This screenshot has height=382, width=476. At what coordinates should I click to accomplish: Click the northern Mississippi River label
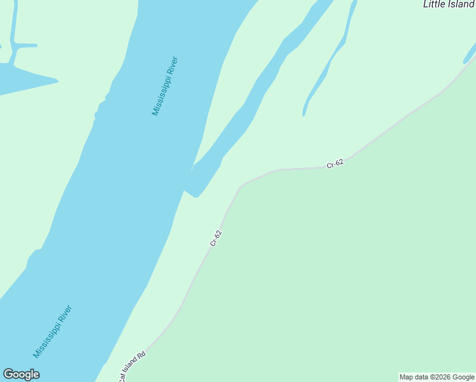pos(165,87)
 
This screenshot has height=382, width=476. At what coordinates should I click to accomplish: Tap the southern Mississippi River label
pos(53,331)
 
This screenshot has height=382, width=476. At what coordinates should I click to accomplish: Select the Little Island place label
pos(449,4)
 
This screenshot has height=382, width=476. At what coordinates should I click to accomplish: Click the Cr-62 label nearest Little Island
pos(335,164)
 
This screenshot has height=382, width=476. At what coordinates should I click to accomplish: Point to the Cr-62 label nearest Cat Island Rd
pos(216,237)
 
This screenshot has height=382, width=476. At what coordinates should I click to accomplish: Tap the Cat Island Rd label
pos(132,367)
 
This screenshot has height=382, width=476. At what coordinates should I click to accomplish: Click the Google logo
pos(21,374)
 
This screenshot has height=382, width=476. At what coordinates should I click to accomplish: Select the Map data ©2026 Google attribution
pos(437,377)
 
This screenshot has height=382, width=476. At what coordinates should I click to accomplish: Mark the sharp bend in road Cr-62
pos(241,187)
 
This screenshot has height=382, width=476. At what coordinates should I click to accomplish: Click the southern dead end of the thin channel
pos(304,115)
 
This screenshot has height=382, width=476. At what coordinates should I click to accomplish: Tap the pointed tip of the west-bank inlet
pos(58,81)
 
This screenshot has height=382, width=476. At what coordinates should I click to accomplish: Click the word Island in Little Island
pos(461,4)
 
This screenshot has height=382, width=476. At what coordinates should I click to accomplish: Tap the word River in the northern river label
pos(172,68)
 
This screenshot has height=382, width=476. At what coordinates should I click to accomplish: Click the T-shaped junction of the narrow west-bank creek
pos(14,46)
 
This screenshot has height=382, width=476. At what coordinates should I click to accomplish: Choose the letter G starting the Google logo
pos(8,374)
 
